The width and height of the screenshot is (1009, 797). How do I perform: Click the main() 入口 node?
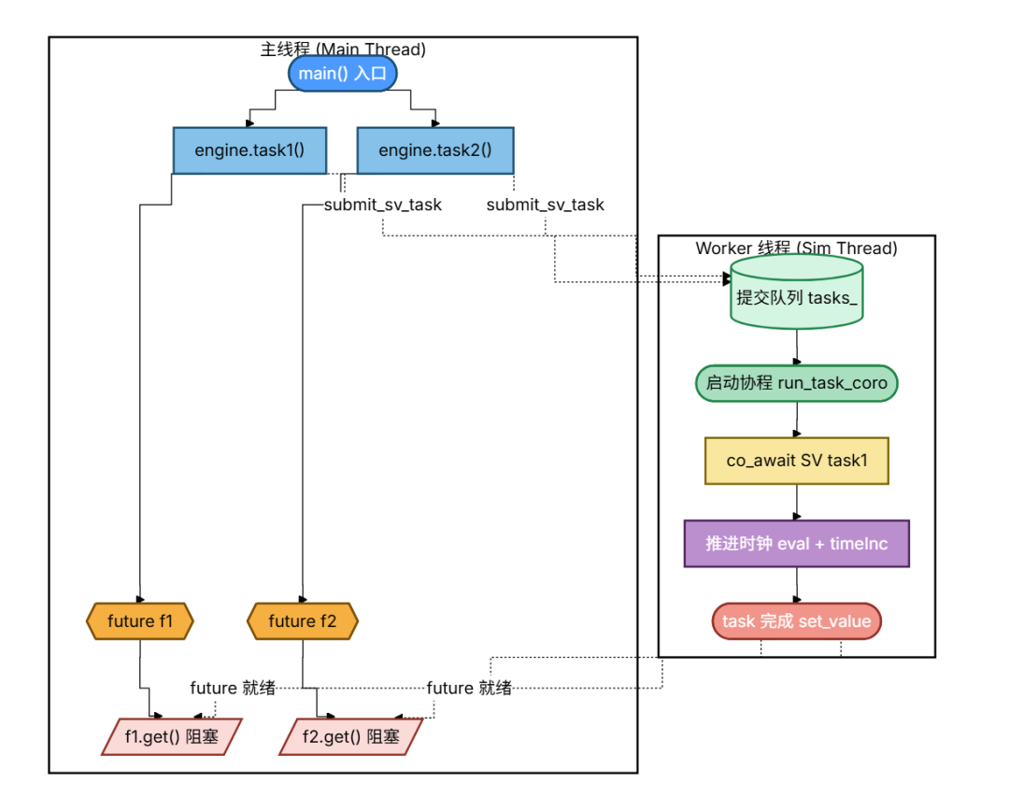[342, 74]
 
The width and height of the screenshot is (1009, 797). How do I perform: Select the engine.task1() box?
[249, 150]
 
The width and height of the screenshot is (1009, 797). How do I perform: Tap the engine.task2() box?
[435, 150]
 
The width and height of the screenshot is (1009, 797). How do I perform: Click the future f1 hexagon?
[139, 621]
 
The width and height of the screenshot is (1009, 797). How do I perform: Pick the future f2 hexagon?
[303, 621]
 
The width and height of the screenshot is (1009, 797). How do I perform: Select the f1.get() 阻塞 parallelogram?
[172, 736]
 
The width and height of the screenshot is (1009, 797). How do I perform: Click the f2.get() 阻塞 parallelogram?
[350, 736]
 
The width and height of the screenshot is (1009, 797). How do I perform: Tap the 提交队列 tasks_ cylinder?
[797, 292]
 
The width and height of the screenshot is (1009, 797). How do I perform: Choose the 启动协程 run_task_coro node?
[797, 383]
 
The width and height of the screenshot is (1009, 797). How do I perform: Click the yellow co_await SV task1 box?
[797, 461]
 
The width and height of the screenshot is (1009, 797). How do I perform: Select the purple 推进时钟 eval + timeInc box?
[797, 544]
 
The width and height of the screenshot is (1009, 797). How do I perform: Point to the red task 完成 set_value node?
[797, 621]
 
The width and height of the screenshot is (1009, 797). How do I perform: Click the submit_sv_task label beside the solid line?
[383, 205]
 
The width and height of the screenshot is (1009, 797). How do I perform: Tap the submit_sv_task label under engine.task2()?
[545, 205]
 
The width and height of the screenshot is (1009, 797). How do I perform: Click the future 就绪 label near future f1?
[233, 688]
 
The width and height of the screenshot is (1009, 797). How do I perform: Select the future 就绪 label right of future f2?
[469, 688]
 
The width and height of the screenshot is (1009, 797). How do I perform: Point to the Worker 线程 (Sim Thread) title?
[797, 248]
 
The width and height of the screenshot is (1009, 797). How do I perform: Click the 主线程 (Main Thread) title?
[343, 49]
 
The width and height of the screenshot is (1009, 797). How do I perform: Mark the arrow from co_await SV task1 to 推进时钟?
[797, 502]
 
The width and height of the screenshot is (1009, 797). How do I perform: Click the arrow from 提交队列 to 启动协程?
[797, 348]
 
